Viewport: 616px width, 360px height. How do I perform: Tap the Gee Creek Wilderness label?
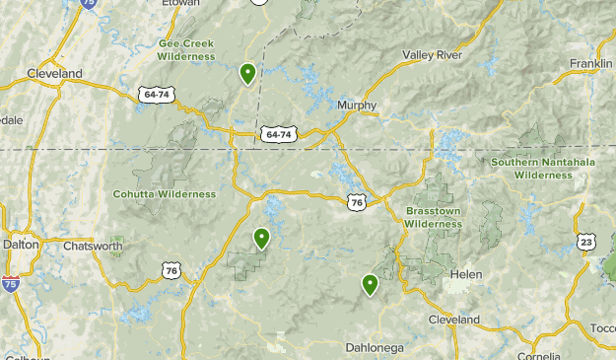tap(186, 49)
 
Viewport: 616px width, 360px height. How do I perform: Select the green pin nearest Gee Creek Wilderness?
tap(247, 73)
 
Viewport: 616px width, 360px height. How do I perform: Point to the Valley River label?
tap(431, 55)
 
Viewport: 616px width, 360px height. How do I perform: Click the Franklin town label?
tap(590, 64)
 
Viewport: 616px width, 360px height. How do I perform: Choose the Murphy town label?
tap(356, 105)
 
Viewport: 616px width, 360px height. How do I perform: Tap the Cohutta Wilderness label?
tap(164, 194)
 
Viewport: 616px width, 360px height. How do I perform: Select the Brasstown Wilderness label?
tap(433, 217)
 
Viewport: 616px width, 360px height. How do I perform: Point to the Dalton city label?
tap(21, 244)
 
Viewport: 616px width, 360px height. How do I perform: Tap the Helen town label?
tap(464, 274)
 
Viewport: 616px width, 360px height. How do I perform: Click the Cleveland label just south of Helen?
tap(453, 320)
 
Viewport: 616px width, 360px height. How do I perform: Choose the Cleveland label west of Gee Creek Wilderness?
tap(54, 74)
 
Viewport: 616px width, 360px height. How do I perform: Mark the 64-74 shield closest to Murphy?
tap(278, 133)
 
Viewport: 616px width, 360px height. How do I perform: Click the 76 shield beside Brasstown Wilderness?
tap(357, 201)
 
